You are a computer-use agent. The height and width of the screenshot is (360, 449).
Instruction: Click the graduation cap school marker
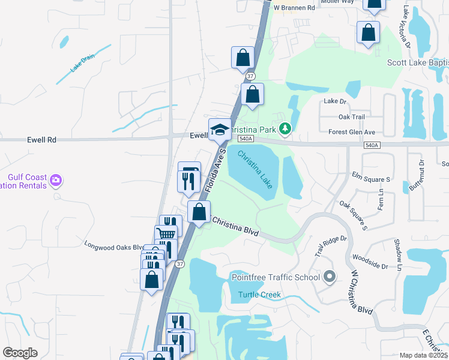[220, 130]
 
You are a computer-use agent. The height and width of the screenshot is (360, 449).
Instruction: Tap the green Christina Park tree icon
[286, 128]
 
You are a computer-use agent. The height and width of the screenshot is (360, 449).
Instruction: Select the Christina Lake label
[256, 170]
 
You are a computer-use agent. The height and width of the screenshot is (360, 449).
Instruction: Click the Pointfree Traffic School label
[276, 277]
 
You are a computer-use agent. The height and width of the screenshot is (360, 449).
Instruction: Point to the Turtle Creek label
[259, 295]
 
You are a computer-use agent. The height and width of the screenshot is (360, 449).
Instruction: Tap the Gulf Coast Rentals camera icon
[56, 179]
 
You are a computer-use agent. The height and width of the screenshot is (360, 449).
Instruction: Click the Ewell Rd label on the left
[41, 139]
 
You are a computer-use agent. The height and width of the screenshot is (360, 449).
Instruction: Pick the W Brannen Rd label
[294, 8]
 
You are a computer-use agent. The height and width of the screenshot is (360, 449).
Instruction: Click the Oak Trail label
[352, 117]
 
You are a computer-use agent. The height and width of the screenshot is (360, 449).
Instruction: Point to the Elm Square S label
[371, 179]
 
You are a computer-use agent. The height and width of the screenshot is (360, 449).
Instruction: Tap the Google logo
[20, 353]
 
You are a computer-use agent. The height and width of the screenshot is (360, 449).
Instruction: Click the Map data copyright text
[423, 355]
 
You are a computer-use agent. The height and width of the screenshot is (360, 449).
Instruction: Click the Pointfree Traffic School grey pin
[329, 277]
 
